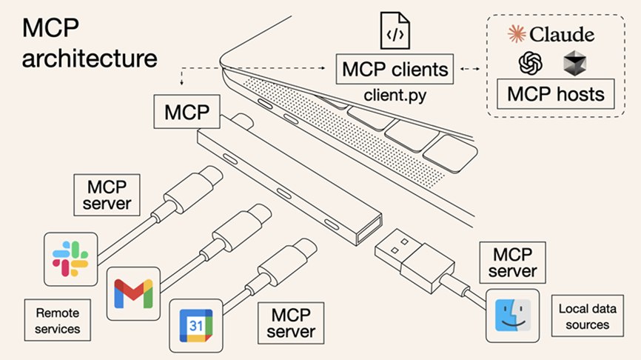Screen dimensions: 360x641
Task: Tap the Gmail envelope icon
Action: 133,293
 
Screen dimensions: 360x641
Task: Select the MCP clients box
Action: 395,70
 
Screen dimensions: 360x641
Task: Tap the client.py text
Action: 395,96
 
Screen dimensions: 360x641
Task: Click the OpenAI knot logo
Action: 531,64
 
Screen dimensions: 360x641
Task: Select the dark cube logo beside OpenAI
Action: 574,64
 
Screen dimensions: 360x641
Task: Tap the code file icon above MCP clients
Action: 395,30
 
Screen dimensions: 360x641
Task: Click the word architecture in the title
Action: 89,58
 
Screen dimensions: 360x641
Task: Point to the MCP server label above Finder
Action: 512,262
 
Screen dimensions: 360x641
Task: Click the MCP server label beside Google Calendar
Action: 291,321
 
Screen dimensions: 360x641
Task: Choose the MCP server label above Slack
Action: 103,193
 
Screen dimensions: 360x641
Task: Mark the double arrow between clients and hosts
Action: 469,70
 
